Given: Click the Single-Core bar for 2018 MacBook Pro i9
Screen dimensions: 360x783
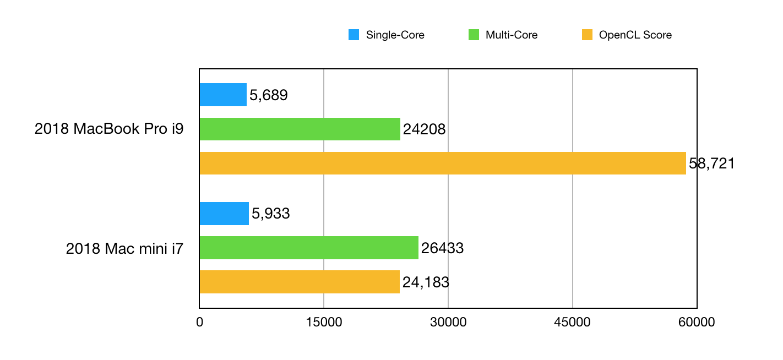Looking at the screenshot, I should (223, 95).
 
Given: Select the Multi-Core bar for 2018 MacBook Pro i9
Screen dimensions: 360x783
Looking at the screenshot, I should (300, 129).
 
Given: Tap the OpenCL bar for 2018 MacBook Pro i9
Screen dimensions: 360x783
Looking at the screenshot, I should (443, 163).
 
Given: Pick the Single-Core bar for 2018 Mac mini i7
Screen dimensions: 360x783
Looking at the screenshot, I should (224, 214).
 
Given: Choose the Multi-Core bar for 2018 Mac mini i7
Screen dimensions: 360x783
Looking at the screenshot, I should (309, 248).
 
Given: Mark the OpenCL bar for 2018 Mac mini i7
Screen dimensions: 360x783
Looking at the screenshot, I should (300, 282).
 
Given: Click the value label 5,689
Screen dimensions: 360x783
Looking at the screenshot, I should (269, 96).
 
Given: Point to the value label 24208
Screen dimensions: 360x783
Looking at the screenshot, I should (424, 130).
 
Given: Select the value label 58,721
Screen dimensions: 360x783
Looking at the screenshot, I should (712, 164).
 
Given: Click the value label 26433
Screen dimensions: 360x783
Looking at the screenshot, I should (442, 249).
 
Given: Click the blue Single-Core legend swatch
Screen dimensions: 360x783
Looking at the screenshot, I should (354, 35).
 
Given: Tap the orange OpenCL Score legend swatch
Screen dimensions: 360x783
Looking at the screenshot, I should (588, 35).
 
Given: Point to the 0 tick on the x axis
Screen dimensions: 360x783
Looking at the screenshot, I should (199, 323).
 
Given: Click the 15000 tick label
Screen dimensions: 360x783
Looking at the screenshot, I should (324, 323).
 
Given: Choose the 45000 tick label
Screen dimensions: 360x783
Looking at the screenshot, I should (573, 323).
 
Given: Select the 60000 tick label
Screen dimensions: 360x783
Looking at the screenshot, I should (697, 323).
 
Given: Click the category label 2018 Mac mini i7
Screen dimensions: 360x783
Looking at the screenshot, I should (124, 249).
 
